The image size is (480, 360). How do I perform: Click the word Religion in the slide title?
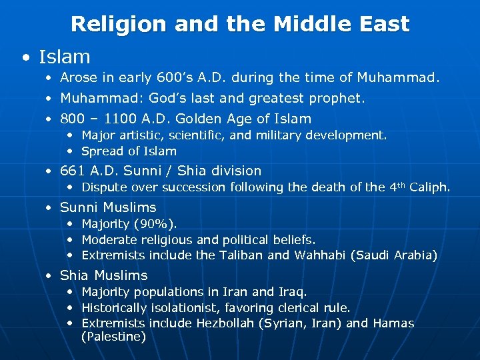(118, 25)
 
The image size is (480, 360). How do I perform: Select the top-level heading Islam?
(64, 57)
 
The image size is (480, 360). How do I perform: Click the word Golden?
(197, 119)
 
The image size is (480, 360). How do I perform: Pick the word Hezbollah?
(224, 324)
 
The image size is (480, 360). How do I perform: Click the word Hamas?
(393, 324)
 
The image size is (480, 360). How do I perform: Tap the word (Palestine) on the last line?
(113, 337)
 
